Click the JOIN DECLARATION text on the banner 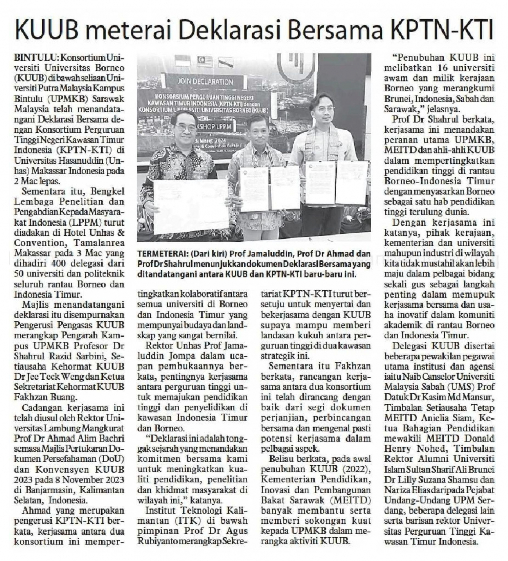point(205,82)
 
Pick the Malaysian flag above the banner point(205,61)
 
